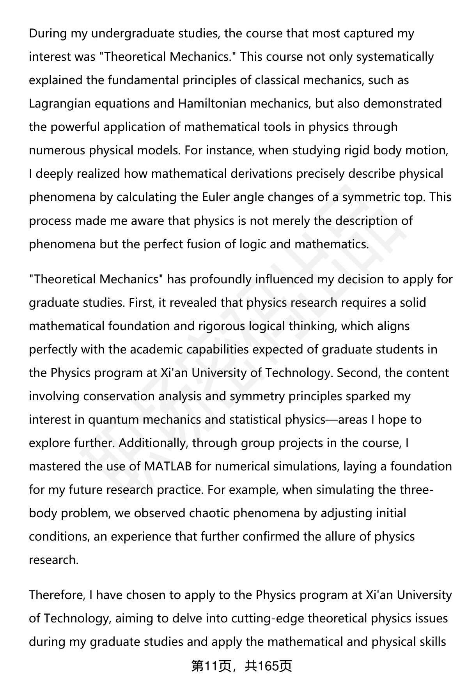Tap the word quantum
pos(113,420)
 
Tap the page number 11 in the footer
pos(211,666)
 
